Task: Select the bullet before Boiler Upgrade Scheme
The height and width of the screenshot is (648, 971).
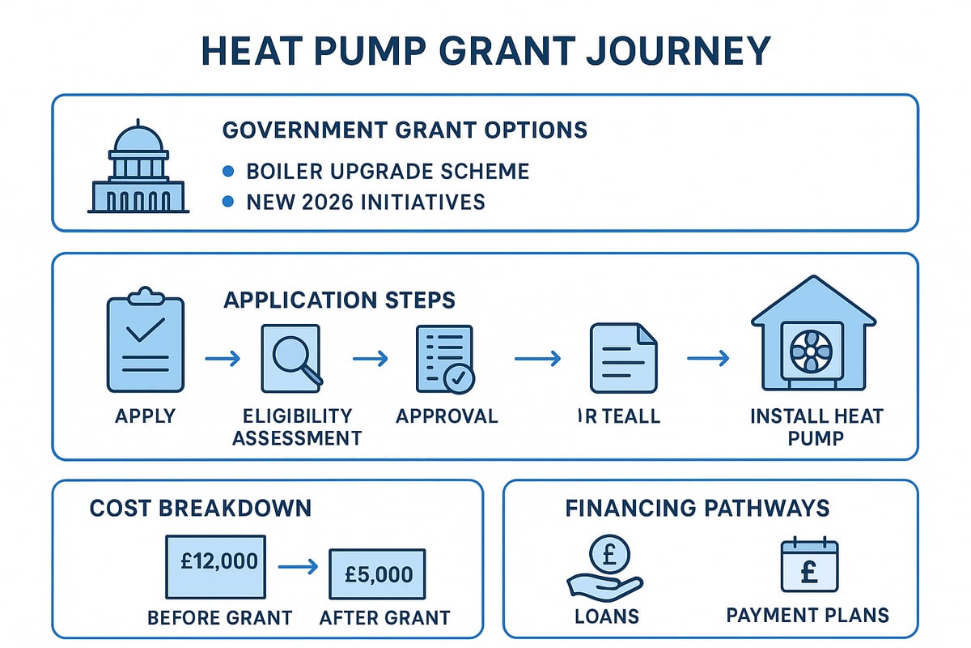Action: pos(229,171)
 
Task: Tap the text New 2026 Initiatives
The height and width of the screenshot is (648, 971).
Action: pos(365,201)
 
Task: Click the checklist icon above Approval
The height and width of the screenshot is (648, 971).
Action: pos(444,357)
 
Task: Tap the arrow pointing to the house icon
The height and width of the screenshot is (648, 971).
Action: pos(708,357)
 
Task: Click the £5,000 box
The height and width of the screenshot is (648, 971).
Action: pos(376,573)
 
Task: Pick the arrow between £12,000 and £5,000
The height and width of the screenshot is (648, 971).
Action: pos(297,569)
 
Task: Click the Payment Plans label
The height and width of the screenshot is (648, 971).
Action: pos(807,615)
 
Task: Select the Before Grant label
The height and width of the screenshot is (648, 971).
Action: pos(219,617)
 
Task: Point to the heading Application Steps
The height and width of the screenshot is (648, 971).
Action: pos(338,301)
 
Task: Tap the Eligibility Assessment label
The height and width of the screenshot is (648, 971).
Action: pos(298,427)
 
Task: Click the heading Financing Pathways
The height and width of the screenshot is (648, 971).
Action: pos(697,508)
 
